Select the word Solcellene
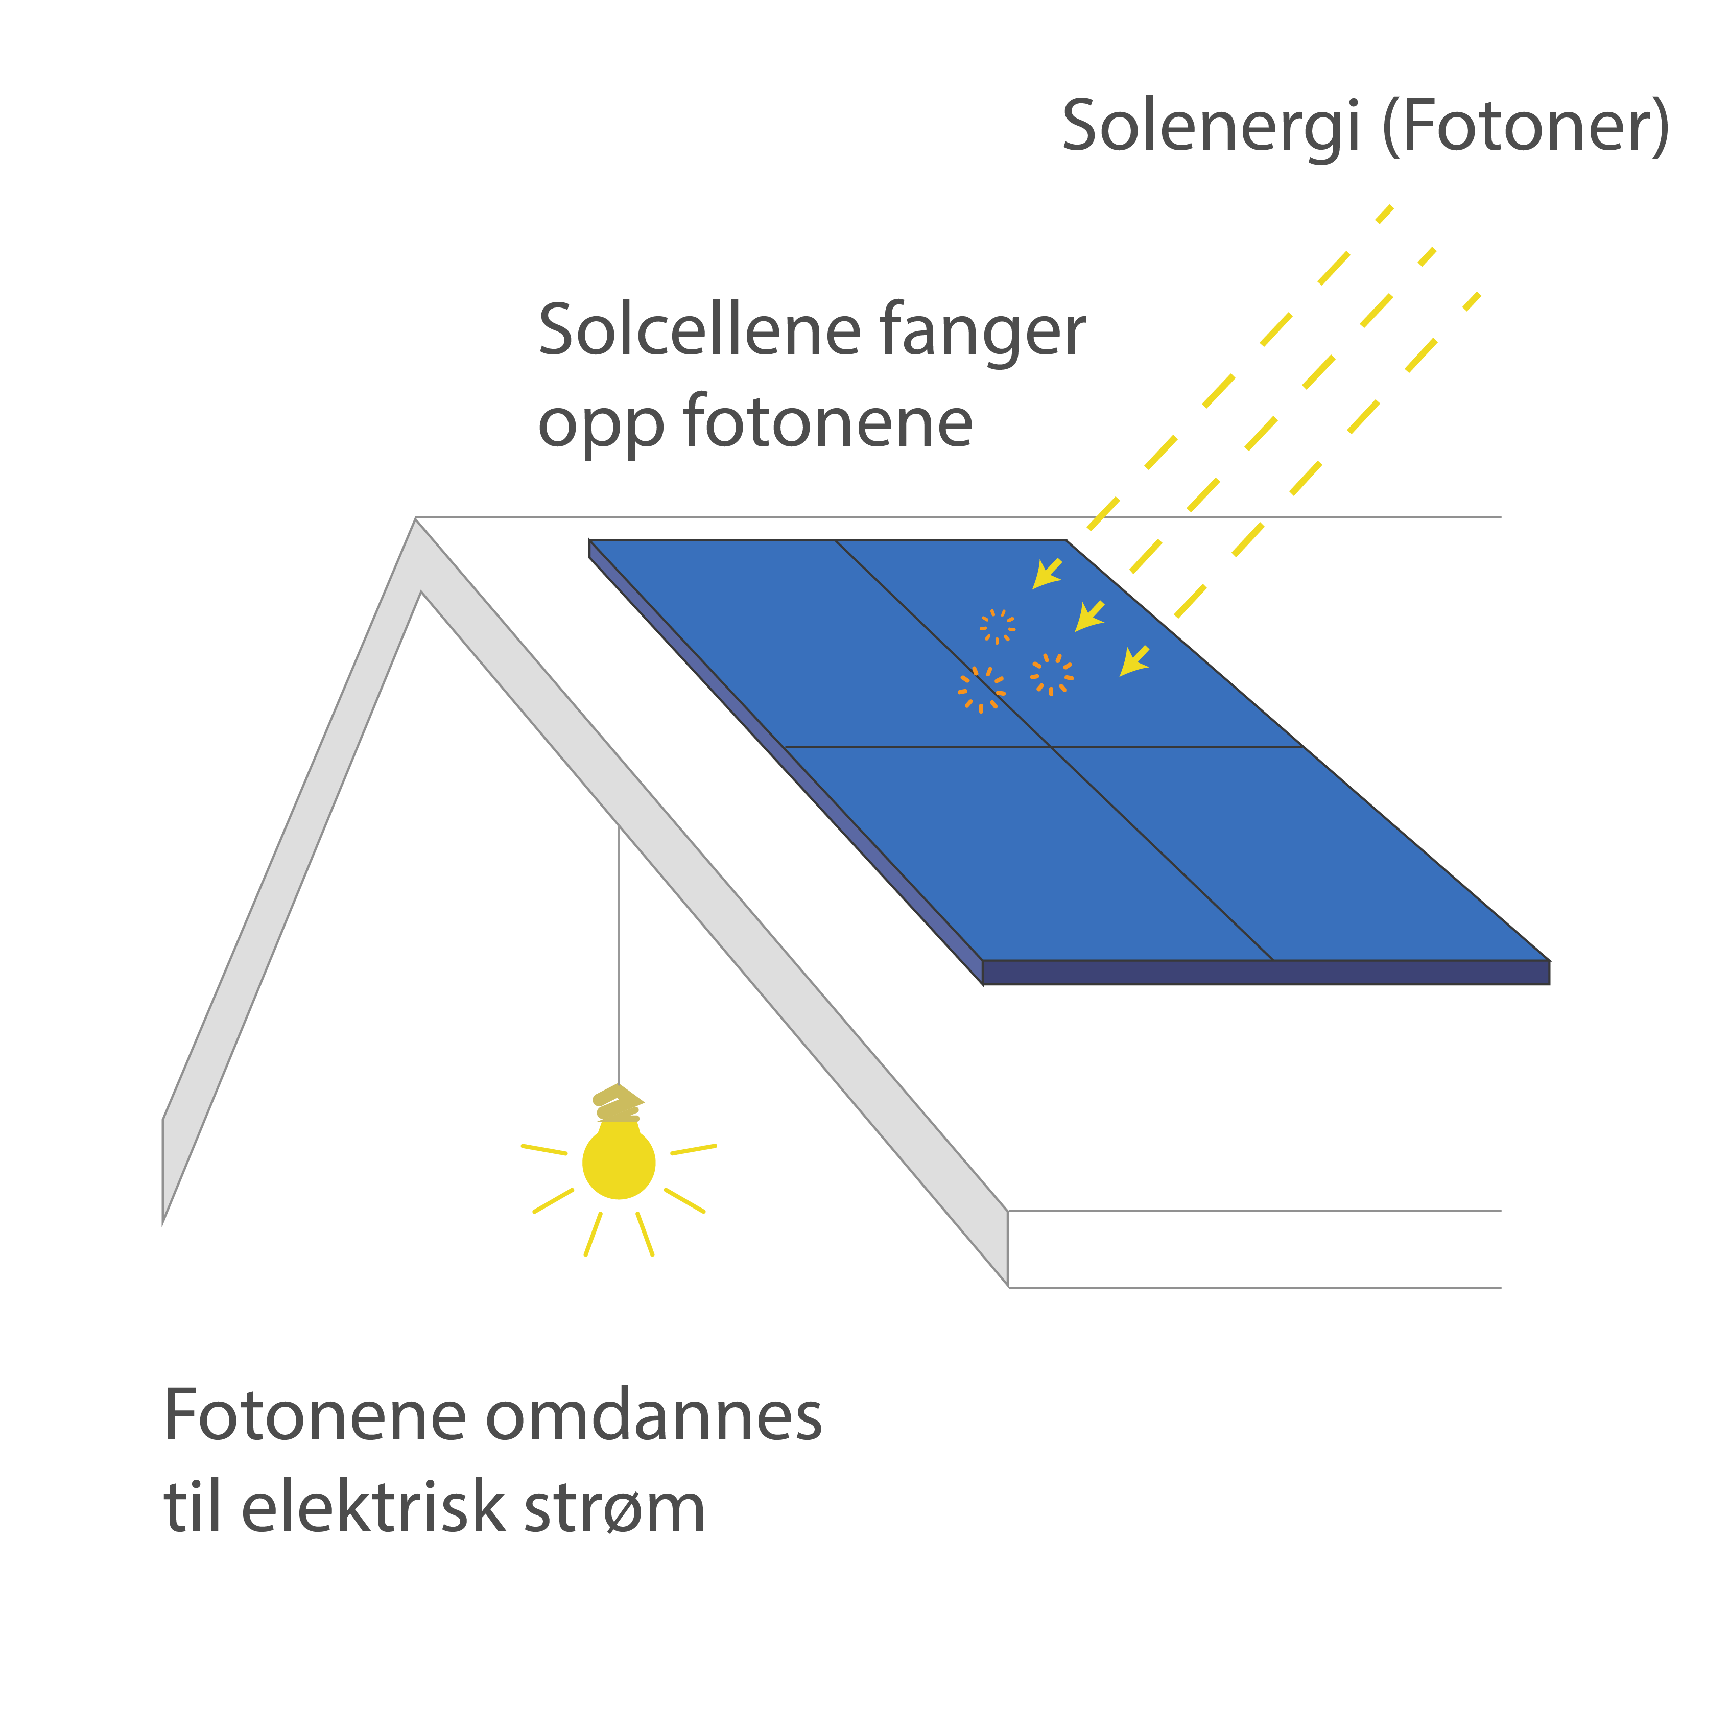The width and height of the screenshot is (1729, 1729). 699,331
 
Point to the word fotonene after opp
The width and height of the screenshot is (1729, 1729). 828,422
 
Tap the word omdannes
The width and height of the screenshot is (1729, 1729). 653,1417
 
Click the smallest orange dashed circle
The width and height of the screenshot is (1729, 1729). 997,626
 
